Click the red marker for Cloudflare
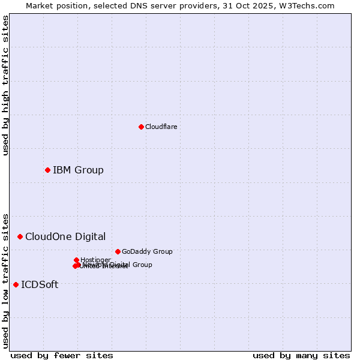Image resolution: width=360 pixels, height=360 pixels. [141, 127]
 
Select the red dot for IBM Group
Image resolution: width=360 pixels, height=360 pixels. [47, 170]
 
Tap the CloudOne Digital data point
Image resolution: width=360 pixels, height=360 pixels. [20, 236]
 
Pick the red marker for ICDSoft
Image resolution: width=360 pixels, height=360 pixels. [16, 284]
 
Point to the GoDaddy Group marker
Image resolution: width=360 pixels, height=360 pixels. [118, 251]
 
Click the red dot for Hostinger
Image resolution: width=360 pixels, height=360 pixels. [76, 260]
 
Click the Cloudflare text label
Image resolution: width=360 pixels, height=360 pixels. [161, 127]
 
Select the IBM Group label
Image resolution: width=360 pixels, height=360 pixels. [78, 170]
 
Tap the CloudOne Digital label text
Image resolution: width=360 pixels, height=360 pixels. [65, 236]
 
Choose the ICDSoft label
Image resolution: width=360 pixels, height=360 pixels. [40, 284]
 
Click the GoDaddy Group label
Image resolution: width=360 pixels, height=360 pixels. [147, 251]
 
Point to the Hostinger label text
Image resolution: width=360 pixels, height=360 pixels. [95, 260]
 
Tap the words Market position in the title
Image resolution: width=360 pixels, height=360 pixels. [53, 5]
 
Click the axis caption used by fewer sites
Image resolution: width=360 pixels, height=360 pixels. [62, 355]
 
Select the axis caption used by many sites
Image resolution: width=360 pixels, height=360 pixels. [301, 355]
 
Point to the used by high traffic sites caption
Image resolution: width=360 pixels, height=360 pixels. [5, 86]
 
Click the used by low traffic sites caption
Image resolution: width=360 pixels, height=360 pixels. [5, 280]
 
